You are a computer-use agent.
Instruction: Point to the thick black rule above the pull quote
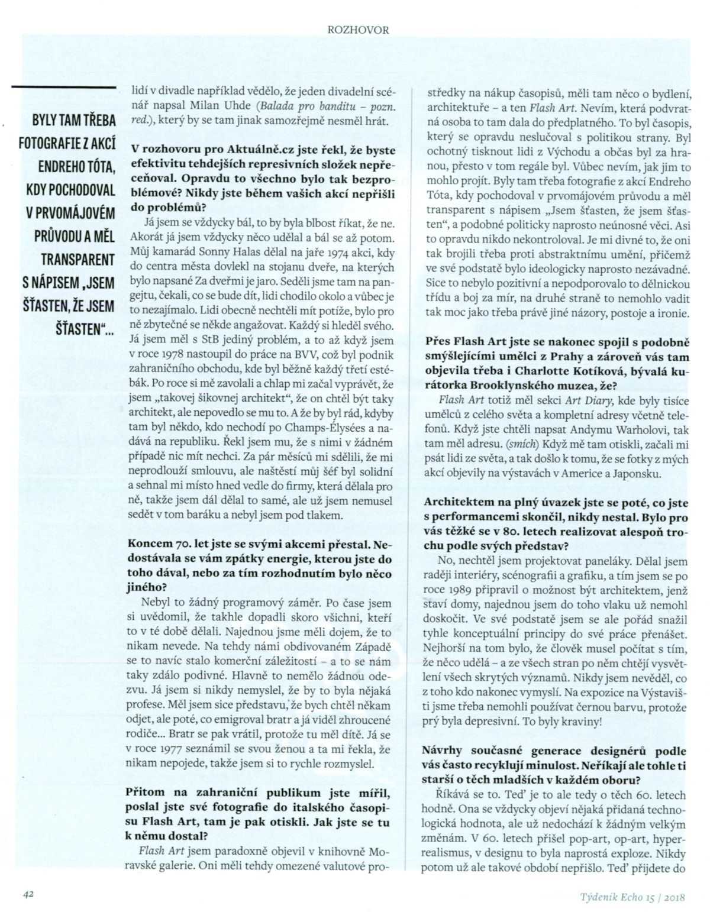(64, 87)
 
